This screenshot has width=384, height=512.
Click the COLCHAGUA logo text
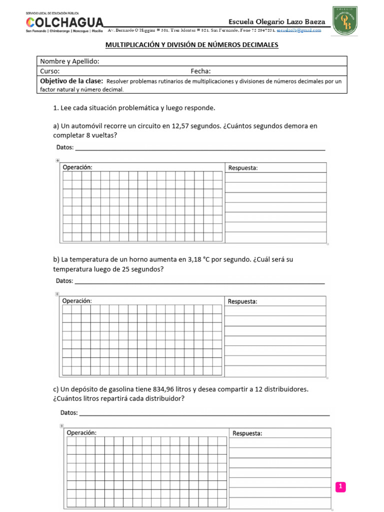tap(64, 22)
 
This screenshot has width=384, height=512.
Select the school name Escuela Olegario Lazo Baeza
tap(276, 21)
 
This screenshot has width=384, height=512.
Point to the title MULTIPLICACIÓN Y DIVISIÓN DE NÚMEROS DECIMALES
tap(191, 45)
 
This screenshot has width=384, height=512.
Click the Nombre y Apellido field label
tap(69, 61)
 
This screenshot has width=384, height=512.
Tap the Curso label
tap(50, 71)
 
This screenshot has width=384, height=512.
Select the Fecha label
tap(200, 71)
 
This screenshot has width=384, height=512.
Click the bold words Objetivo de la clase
tap(71, 80)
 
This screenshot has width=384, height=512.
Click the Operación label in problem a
tap(77, 167)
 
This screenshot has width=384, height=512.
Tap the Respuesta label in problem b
tap(242, 301)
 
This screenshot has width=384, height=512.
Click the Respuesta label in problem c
tap(247, 433)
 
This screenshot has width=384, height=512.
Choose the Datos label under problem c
tap(69, 412)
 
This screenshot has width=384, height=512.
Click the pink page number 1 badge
tap(340, 486)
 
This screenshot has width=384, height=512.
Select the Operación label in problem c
tap(81, 433)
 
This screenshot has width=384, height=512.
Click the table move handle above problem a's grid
tap(57, 160)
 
